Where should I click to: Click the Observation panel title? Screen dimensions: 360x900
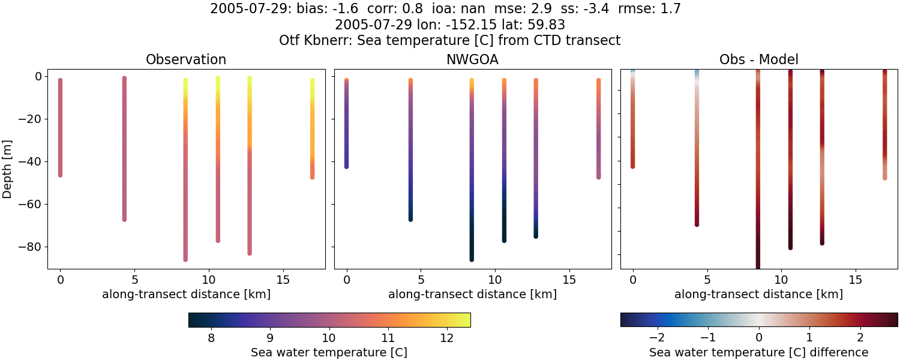(x=186, y=60)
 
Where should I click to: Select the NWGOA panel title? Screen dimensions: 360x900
(x=472, y=60)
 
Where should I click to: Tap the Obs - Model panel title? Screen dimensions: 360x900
(x=759, y=60)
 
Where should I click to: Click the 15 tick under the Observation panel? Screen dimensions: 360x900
(x=283, y=280)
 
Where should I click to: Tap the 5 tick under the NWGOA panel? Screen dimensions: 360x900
(x=421, y=280)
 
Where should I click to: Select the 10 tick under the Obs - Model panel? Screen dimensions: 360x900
(x=781, y=280)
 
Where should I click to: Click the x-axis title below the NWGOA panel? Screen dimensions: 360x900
(x=472, y=295)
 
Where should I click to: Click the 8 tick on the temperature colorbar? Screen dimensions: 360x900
(x=211, y=338)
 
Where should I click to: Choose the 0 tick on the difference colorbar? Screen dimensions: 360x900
(x=759, y=338)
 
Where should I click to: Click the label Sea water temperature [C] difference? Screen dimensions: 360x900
(x=759, y=353)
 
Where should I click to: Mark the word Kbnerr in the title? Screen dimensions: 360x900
(x=328, y=41)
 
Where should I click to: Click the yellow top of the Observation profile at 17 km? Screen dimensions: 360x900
(x=312, y=81)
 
